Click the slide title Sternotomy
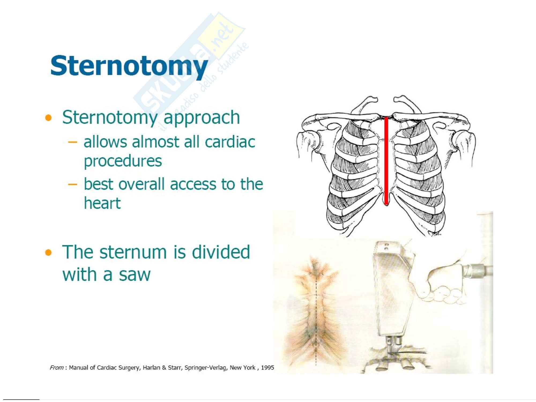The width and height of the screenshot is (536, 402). point(129,66)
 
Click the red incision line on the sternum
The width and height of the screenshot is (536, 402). point(386,161)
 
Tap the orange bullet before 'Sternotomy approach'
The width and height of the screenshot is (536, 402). point(48,118)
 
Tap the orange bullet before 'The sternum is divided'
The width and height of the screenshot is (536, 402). point(48,252)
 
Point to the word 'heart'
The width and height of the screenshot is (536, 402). point(102,203)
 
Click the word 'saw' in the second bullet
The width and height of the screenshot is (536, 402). point(135,275)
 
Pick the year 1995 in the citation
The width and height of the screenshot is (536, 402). point(267,367)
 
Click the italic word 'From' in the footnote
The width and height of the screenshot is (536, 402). point(57,367)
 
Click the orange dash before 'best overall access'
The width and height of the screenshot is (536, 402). point(73,184)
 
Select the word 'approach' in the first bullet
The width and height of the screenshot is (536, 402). point(202,118)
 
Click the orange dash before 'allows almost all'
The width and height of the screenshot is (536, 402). point(73,142)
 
